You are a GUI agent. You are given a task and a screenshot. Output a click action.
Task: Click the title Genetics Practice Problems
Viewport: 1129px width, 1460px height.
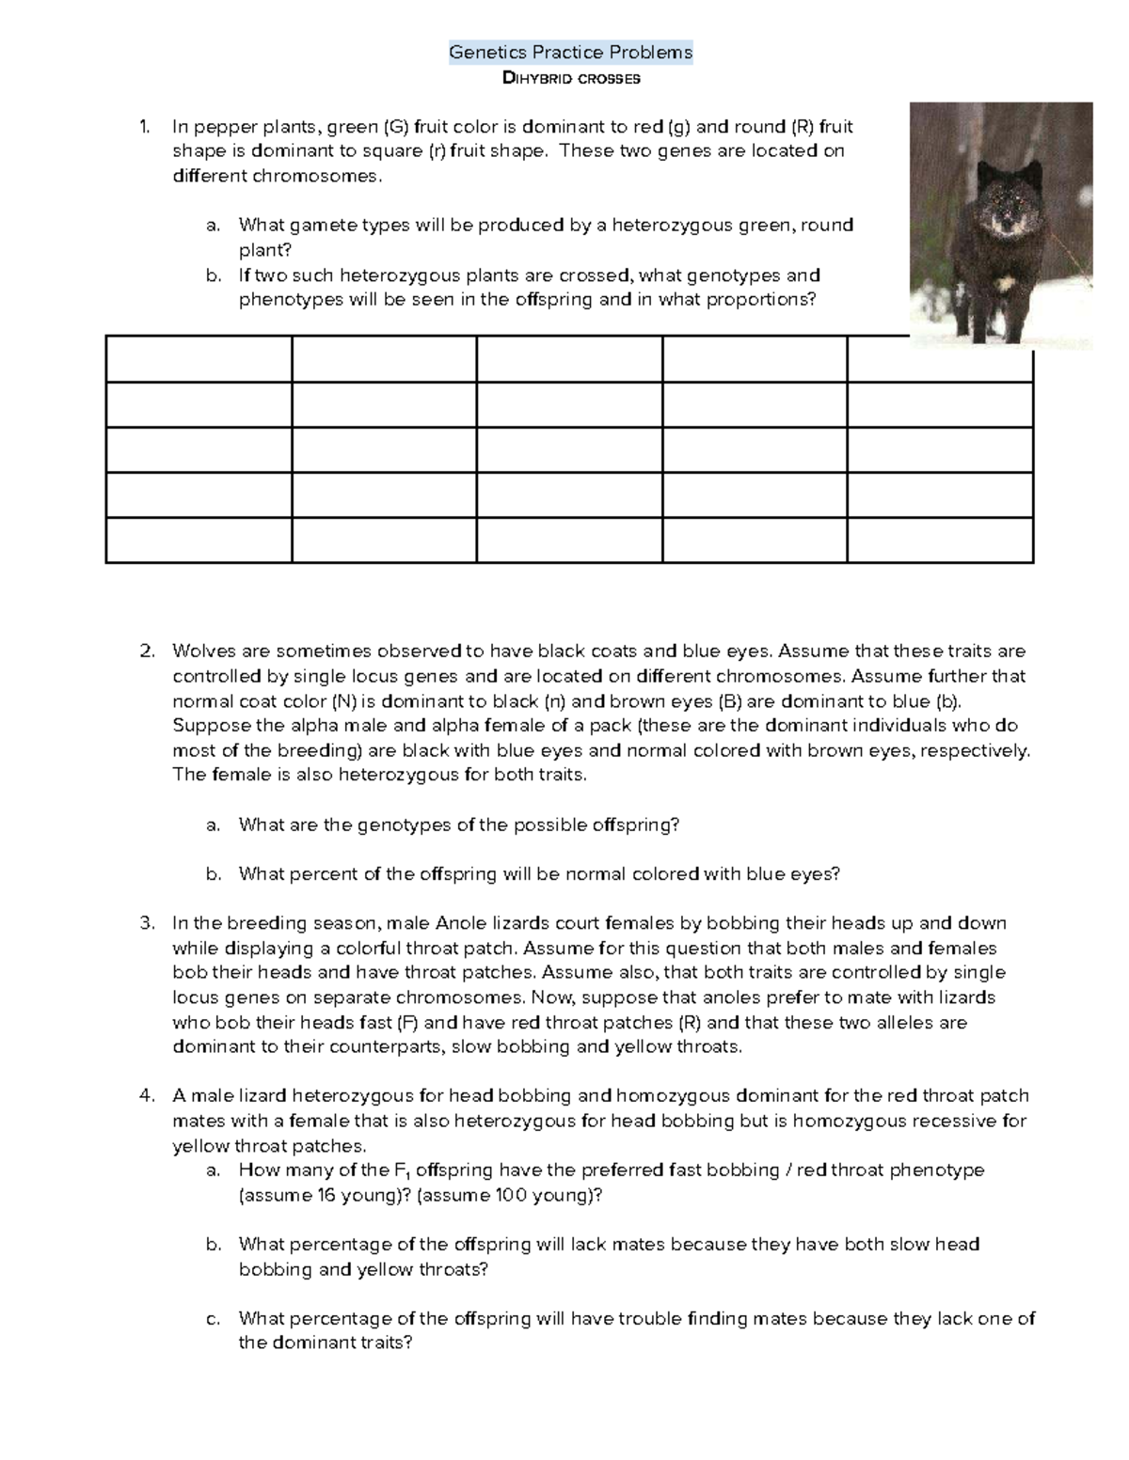point(570,53)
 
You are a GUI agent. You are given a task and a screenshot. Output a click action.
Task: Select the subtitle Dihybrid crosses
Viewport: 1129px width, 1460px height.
point(571,79)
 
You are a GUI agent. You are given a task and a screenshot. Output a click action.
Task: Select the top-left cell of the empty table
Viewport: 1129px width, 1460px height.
point(199,358)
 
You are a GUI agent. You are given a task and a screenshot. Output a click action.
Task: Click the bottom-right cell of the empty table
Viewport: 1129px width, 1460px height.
point(940,541)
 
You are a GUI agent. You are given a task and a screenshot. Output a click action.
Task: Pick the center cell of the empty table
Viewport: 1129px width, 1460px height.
point(569,449)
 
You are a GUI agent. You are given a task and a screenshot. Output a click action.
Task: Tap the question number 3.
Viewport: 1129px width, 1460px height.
point(146,923)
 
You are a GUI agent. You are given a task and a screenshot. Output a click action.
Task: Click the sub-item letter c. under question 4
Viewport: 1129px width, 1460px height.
point(214,1319)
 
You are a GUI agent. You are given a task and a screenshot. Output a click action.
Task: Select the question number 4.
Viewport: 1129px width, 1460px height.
point(146,1096)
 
